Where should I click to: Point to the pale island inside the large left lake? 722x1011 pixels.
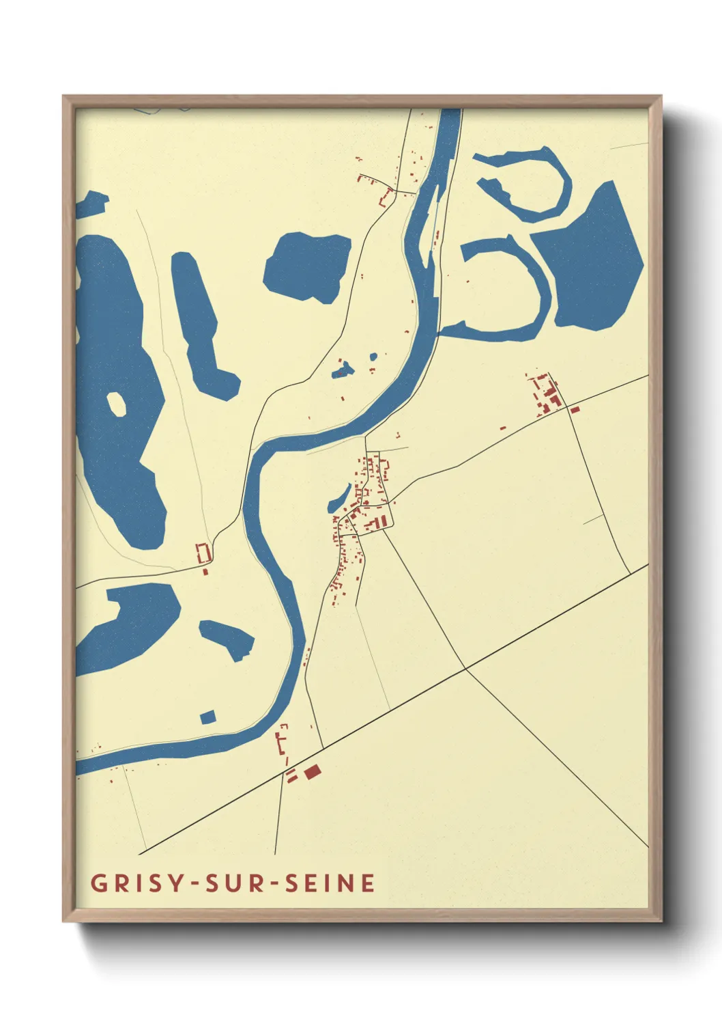[117, 404]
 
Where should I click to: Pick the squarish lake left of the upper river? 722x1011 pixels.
[307, 266]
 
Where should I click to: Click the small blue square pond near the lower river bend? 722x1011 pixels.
[207, 717]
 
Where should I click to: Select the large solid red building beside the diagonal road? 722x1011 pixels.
[313, 771]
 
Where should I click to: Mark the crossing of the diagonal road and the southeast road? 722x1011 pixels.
[465, 669]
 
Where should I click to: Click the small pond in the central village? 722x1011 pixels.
[340, 498]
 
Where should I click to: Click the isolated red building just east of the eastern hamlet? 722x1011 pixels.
[575, 409]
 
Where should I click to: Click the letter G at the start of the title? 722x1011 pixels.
[98, 883]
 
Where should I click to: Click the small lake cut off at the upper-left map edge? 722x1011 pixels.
[90, 204]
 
